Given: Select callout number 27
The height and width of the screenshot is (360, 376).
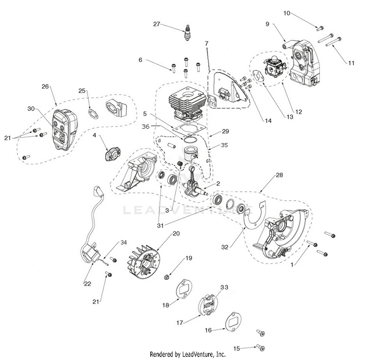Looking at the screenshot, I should [x=156, y=24].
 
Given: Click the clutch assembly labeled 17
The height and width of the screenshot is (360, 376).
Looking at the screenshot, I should [x=211, y=304].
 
